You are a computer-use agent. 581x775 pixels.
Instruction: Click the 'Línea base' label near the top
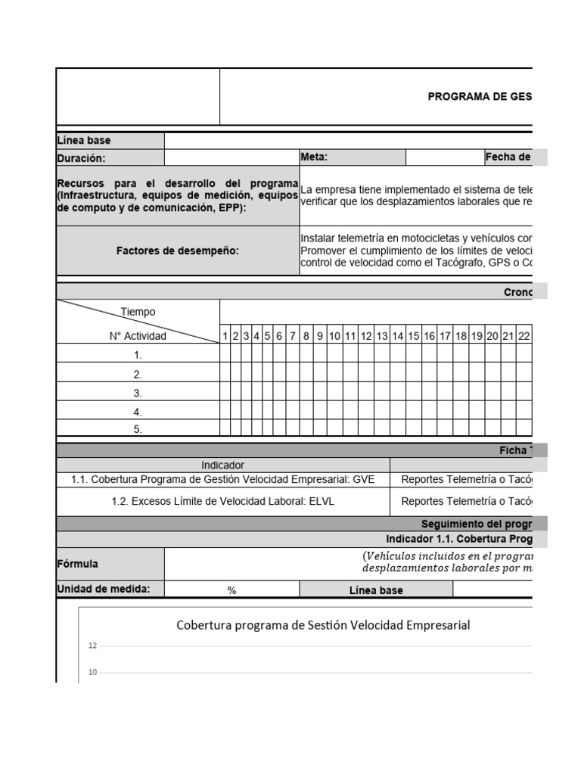tap(84, 141)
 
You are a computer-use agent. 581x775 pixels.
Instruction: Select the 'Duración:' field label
tap(82, 158)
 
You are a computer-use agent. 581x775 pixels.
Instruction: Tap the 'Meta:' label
tap(314, 157)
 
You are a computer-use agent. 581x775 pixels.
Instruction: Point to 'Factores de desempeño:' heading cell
tap(178, 251)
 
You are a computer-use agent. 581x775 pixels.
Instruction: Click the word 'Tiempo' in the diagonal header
tap(138, 312)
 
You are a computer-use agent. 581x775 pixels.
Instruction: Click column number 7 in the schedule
tap(292, 336)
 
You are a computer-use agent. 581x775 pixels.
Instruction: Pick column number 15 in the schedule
tap(414, 336)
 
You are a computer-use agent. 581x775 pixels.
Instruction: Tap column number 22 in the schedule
tap(524, 336)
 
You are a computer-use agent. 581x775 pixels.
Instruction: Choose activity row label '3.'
tap(138, 394)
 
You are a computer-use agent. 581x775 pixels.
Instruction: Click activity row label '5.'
tap(138, 430)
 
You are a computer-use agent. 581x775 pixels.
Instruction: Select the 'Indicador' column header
tap(223, 465)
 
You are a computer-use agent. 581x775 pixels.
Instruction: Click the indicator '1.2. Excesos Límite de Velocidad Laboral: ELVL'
tap(223, 501)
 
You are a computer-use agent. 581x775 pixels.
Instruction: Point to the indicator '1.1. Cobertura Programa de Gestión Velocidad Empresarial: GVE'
tap(223, 480)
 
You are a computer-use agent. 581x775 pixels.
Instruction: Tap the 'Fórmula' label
tap(78, 564)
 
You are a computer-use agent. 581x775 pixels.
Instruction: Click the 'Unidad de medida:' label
tap(95, 590)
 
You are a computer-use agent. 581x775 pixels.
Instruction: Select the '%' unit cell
tap(232, 590)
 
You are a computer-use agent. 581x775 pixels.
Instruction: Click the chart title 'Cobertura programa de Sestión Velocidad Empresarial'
tap(323, 625)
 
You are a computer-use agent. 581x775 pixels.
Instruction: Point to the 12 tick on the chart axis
tap(92, 646)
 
